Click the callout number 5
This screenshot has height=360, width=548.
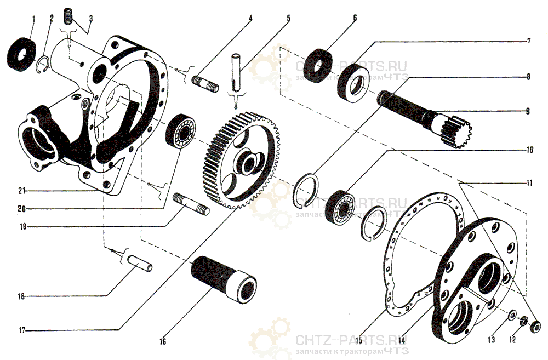point(288,18)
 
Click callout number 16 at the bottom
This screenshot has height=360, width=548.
point(163,341)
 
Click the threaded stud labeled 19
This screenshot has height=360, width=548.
point(191,204)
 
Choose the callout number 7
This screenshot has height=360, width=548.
point(529,41)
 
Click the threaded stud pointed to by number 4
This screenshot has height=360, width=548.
point(206,84)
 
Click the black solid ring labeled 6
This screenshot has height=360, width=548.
point(318,66)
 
